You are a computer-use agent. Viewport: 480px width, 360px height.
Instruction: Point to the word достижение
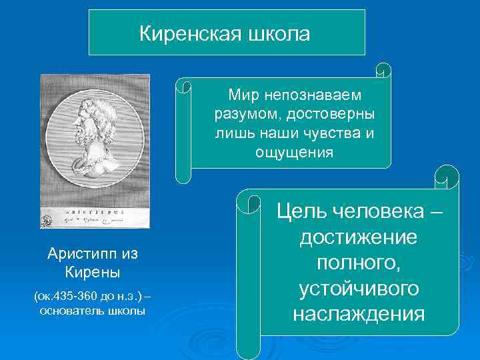click(359, 237)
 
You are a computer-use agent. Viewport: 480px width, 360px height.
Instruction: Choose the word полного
click(359, 263)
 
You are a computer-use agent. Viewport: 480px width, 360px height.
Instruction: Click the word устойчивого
click(359, 288)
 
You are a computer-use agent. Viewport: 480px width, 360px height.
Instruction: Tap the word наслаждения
click(359, 313)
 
